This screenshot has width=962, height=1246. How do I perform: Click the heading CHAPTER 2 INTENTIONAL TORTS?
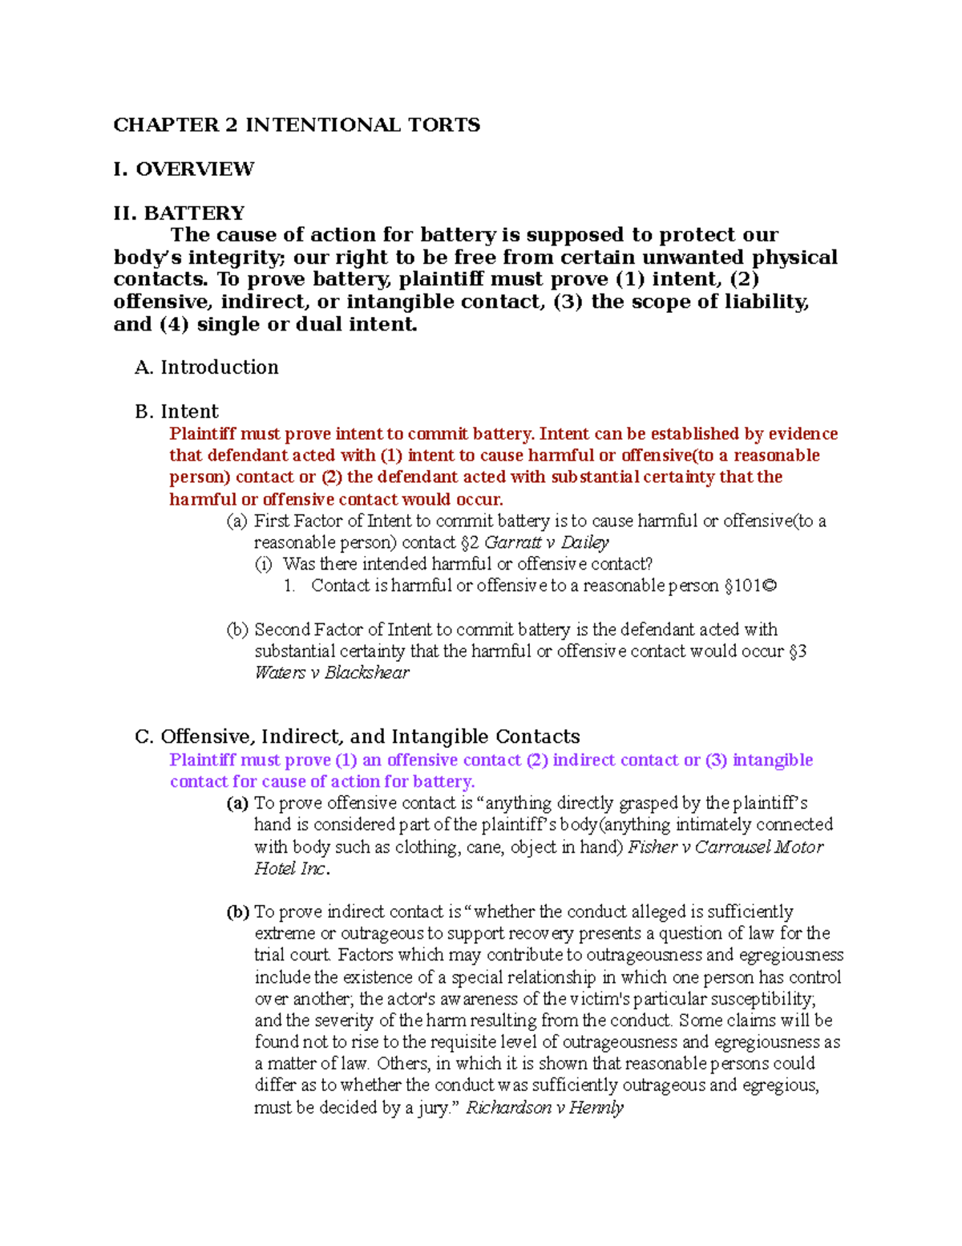pyautogui.click(x=297, y=125)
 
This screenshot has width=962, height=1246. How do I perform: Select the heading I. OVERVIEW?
pyautogui.click(x=184, y=169)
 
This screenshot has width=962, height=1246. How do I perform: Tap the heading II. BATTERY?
pyautogui.click(x=179, y=213)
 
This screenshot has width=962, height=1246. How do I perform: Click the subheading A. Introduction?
pyautogui.click(x=207, y=367)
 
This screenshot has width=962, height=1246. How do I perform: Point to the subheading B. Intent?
pyautogui.click(x=176, y=412)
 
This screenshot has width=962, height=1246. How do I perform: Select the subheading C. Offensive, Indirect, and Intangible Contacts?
pyautogui.click(x=358, y=737)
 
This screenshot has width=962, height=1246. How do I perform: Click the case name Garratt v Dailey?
pyautogui.click(x=547, y=542)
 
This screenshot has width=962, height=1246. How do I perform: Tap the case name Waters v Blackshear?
pyautogui.click(x=331, y=672)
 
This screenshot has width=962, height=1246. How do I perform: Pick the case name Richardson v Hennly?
pyautogui.click(x=544, y=1107)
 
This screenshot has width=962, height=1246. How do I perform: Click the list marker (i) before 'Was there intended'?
pyautogui.click(x=264, y=564)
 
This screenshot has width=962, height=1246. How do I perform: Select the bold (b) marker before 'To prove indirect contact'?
pyautogui.click(x=237, y=911)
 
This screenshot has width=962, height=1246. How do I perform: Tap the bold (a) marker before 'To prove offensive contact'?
pyautogui.click(x=237, y=803)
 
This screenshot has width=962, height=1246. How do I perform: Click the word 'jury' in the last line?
pyautogui.click(x=433, y=1107)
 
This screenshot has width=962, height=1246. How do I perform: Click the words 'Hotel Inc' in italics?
pyautogui.click(x=289, y=868)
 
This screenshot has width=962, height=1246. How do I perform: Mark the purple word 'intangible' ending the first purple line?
pyautogui.click(x=773, y=760)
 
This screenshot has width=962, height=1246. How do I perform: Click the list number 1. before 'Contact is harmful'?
pyautogui.click(x=289, y=586)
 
